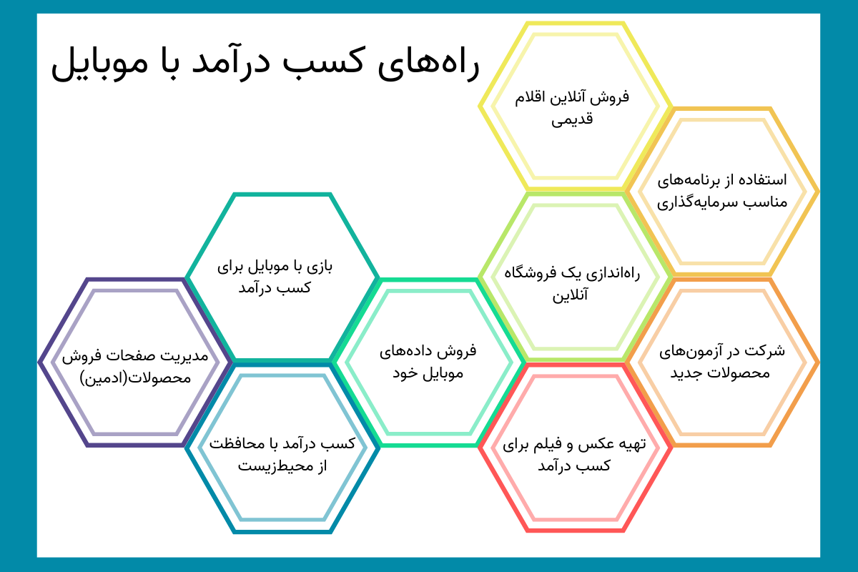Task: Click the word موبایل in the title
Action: pos(99,63)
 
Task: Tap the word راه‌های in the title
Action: pos(428,63)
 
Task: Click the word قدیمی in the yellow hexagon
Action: pos(572,119)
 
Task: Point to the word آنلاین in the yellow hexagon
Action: pos(567,97)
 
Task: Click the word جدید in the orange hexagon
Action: pos(685,373)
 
